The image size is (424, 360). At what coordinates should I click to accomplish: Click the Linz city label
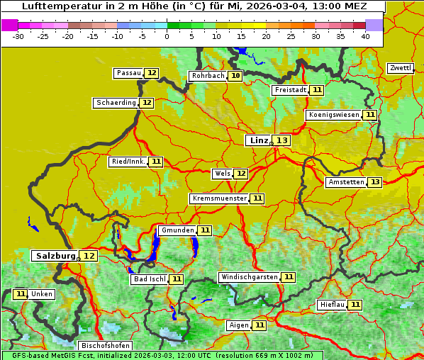(x=258, y=140)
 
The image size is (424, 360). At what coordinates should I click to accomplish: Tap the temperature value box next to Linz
(x=282, y=140)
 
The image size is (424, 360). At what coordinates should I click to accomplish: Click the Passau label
(x=128, y=73)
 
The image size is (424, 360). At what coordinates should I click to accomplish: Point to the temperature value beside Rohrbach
(x=235, y=76)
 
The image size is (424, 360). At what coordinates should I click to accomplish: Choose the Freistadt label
(x=290, y=90)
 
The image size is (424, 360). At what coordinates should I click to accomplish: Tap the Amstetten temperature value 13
(x=374, y=182)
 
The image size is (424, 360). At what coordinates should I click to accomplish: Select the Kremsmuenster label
(x=219, y=198)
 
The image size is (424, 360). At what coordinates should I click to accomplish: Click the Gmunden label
(x=177, y=230)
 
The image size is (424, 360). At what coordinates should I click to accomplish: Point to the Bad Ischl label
(x=149, y=279)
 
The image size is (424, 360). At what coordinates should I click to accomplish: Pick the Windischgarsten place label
(x=249, y=277)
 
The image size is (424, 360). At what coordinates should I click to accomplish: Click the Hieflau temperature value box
(x=355, y=305)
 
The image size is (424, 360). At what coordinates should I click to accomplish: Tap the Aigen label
(x=238, y=325)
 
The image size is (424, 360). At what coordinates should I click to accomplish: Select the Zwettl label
(x=400, y=68)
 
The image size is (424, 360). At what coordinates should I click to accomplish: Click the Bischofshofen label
(x=106, y=346)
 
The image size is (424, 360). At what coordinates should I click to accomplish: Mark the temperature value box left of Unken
(x=20, y=294)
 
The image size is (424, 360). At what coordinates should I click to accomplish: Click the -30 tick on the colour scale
(x=18, y=36)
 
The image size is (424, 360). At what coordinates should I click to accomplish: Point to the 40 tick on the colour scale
(x=365, y=36)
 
